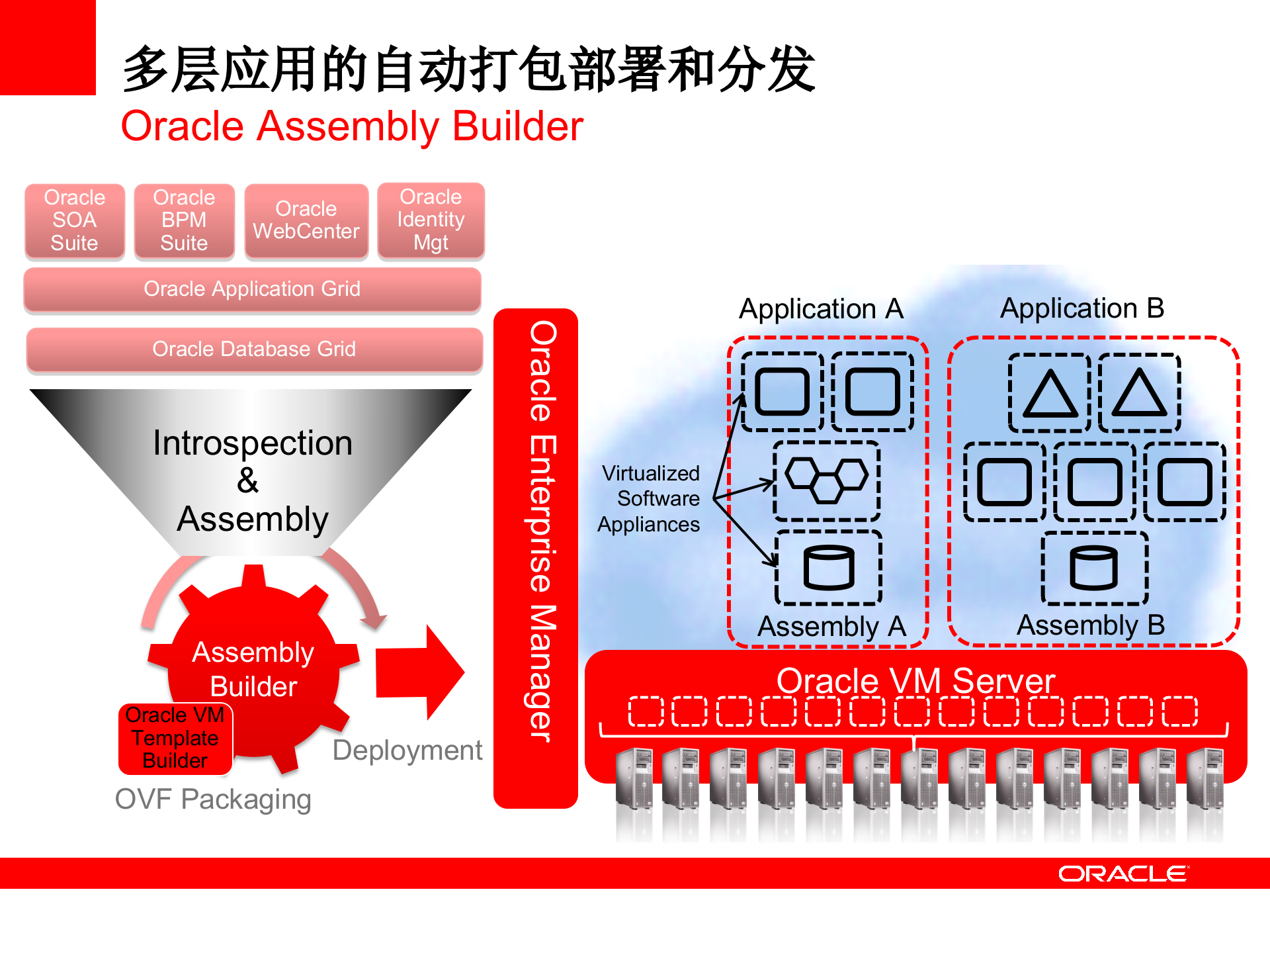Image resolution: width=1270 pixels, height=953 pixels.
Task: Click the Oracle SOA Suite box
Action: [x=75, y=220]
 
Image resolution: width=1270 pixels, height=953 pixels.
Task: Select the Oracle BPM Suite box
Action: [x=184, y=220]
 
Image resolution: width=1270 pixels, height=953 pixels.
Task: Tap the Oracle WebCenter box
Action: [x=306, y=220]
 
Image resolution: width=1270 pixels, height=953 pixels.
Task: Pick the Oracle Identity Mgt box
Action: [x=431, y=220]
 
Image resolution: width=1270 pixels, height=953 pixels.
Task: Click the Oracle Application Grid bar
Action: [x=252, y=289]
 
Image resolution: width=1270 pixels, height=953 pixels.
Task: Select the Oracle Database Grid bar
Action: [x=254, y=349]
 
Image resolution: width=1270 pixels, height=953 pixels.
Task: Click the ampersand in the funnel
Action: [x=248, y=480]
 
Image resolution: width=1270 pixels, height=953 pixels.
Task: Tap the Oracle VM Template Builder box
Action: [x=175, y=738]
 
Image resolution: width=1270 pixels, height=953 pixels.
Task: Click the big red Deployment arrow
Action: [x=419, y=672]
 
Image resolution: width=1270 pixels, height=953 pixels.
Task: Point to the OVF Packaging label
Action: [x=213, y=799]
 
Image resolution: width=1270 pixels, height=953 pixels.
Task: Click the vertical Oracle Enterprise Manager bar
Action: [x=536, y=557]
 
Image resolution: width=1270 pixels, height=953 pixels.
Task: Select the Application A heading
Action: [x=821, y=309]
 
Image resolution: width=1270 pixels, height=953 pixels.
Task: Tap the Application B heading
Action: [x=1082, y=308]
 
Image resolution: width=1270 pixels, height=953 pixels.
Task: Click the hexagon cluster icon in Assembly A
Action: [x=827, y=480]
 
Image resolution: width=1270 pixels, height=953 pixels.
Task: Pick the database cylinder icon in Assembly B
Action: [x=1094, y=568]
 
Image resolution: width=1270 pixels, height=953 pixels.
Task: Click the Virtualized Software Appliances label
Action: [x=650, y=499]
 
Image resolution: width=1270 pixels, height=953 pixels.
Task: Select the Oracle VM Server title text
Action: [x=915, y=680]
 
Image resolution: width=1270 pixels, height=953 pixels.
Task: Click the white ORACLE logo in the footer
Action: [x=1122, y=874]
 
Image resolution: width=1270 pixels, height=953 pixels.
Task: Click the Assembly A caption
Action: [x=831, y=626]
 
